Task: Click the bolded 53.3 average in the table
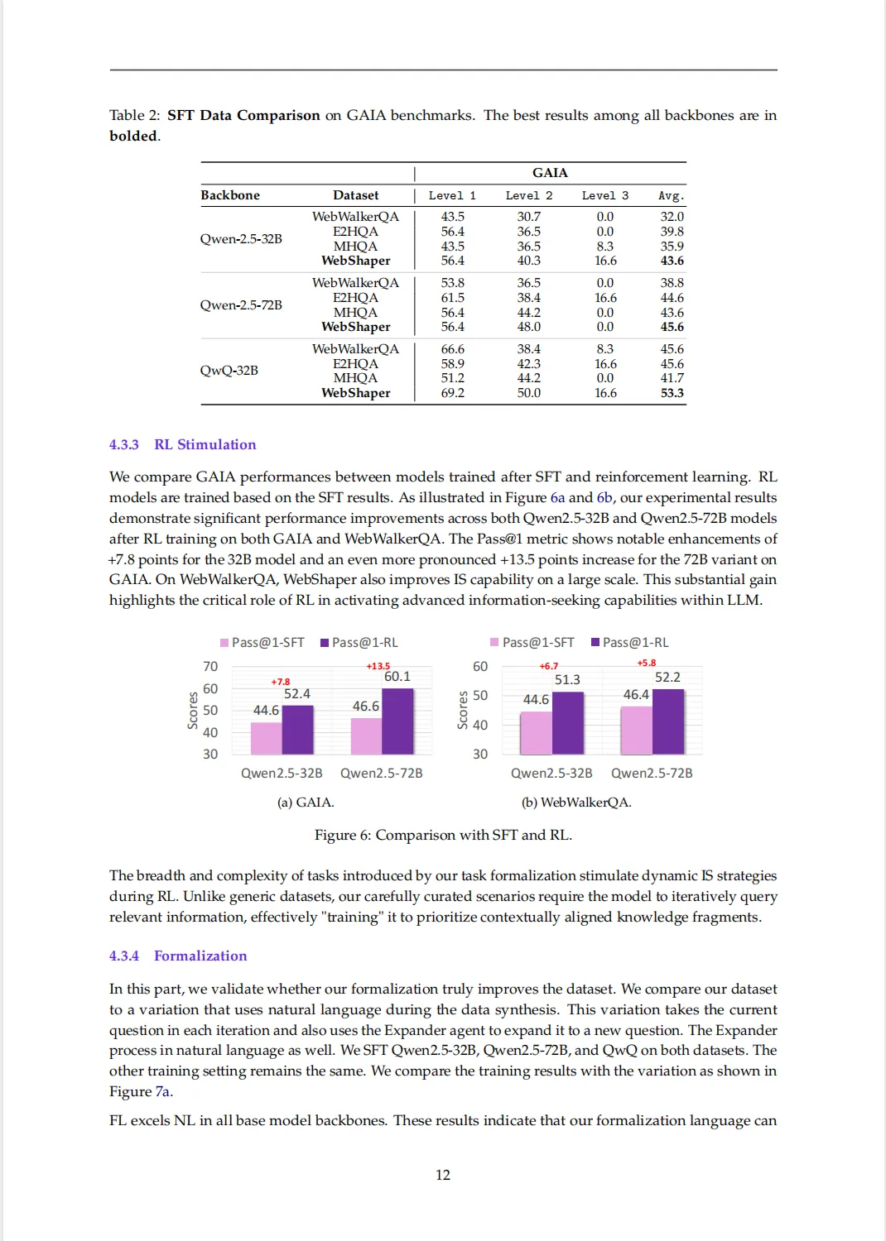672,393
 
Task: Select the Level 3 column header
604,196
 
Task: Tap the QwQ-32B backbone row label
229,371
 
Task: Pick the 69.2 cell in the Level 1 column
452,393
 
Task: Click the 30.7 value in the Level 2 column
528,217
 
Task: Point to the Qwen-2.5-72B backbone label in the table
240,305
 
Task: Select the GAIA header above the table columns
550,173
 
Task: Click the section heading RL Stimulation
205,445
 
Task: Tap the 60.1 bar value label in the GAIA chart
397,677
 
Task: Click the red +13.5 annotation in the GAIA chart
378,666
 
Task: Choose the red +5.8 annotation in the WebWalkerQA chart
646,663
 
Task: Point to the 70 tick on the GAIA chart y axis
210,667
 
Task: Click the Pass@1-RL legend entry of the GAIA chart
359,643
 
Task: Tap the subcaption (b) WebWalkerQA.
575,803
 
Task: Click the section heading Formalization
200,956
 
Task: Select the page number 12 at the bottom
443,1175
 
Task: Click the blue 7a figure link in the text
162,1092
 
